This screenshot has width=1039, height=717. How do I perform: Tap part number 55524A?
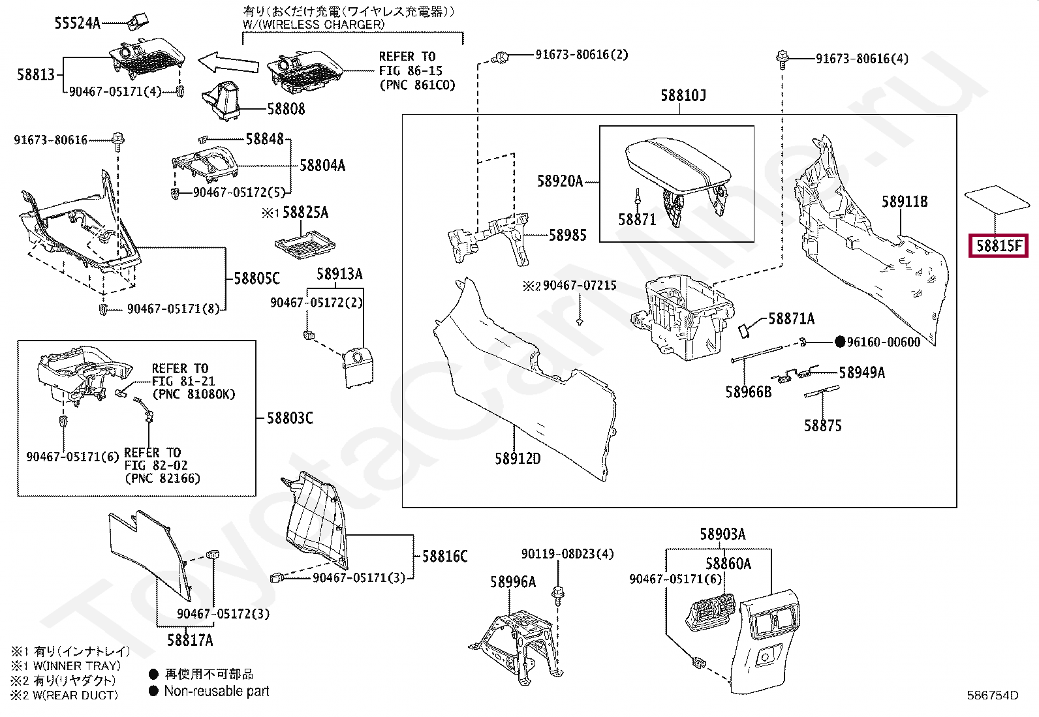point(77,23)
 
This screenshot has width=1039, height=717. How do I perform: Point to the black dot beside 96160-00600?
point(841,342)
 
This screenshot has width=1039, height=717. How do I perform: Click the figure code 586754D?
point(993,695)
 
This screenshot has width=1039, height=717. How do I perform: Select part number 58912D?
point(517,459)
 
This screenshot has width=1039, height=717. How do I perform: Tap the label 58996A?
point(513,581)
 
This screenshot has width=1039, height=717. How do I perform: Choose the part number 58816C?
point(444,557)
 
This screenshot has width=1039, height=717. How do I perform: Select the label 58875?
point(822,426)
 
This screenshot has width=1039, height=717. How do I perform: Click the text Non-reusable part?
point(217,691)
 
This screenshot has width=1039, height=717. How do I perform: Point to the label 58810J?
point(683,96)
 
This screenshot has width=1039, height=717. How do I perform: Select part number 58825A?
point(305,213)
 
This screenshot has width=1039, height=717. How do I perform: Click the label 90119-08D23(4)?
point(568,555)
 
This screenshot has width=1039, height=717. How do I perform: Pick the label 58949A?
point(861,373)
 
